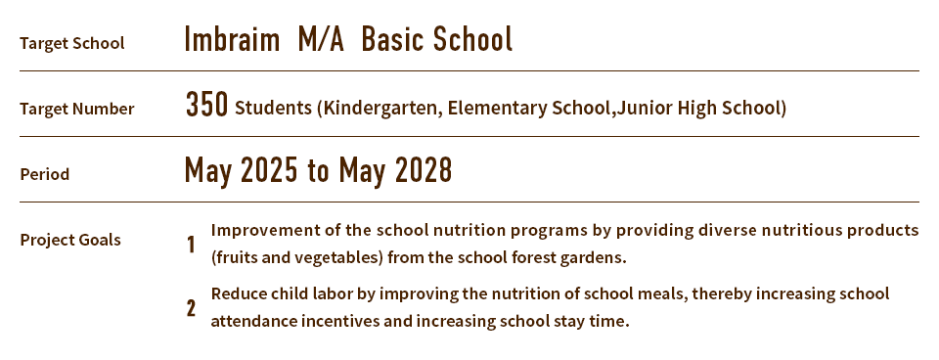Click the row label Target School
click(71, 43)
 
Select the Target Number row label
click(76, 109)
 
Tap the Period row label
click(44, 174)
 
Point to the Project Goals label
click(70, 240)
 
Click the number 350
click(206, 106)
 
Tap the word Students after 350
click(273, 108)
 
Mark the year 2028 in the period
click(424, 171)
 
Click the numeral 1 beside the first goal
click(191, 245)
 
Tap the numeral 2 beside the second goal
click(191, 309)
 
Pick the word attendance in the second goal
click(255, 321)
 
